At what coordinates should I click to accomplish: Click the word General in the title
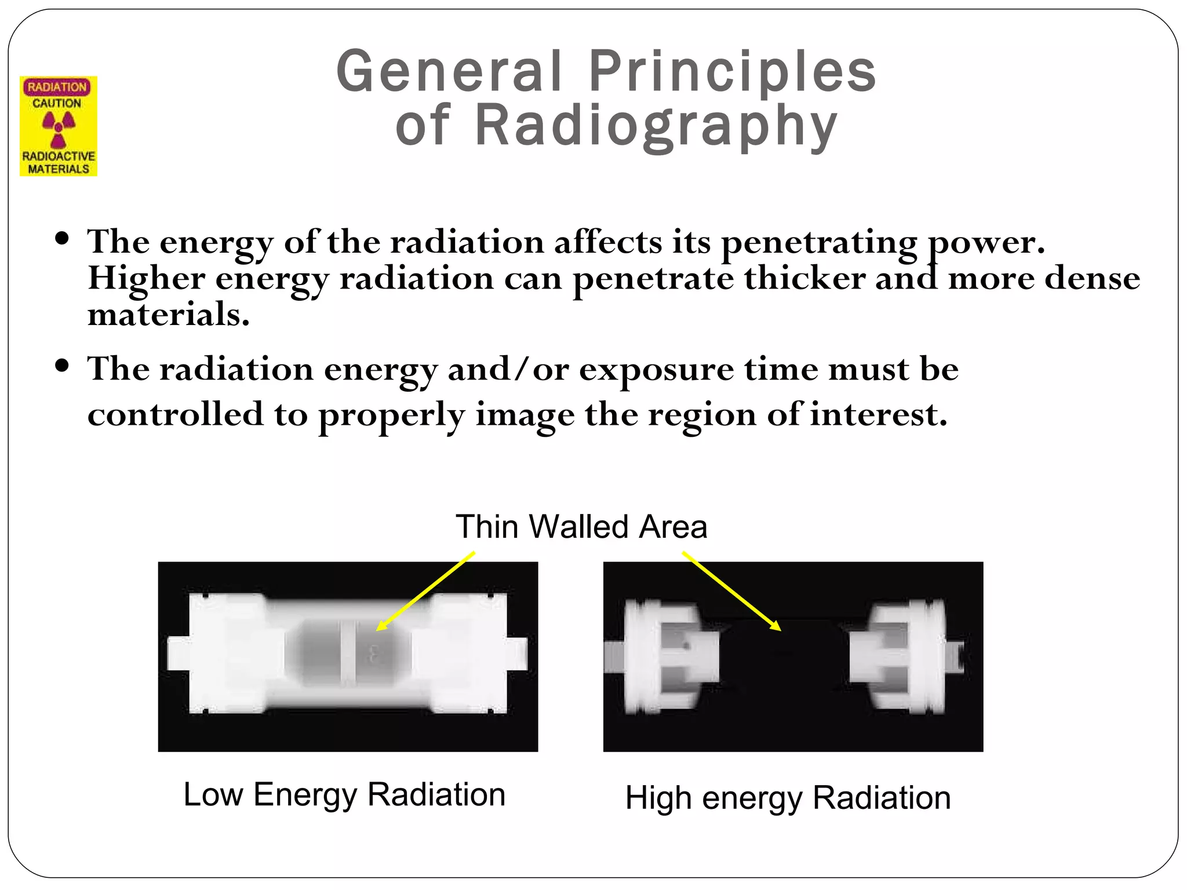449,72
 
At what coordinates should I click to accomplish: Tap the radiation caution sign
59,126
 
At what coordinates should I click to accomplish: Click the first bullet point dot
62,239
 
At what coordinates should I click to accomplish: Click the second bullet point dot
62,366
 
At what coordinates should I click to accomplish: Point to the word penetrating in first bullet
819,242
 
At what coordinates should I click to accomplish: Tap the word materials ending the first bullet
168,315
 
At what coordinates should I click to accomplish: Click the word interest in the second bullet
877,415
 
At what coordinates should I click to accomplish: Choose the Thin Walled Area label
581,527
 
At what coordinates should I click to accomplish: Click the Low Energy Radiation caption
344,794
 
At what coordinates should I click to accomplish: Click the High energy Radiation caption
788,798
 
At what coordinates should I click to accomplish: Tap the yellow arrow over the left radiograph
426,590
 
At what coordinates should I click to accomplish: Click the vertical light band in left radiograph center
348,652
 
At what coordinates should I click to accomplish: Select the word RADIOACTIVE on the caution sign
59,156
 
